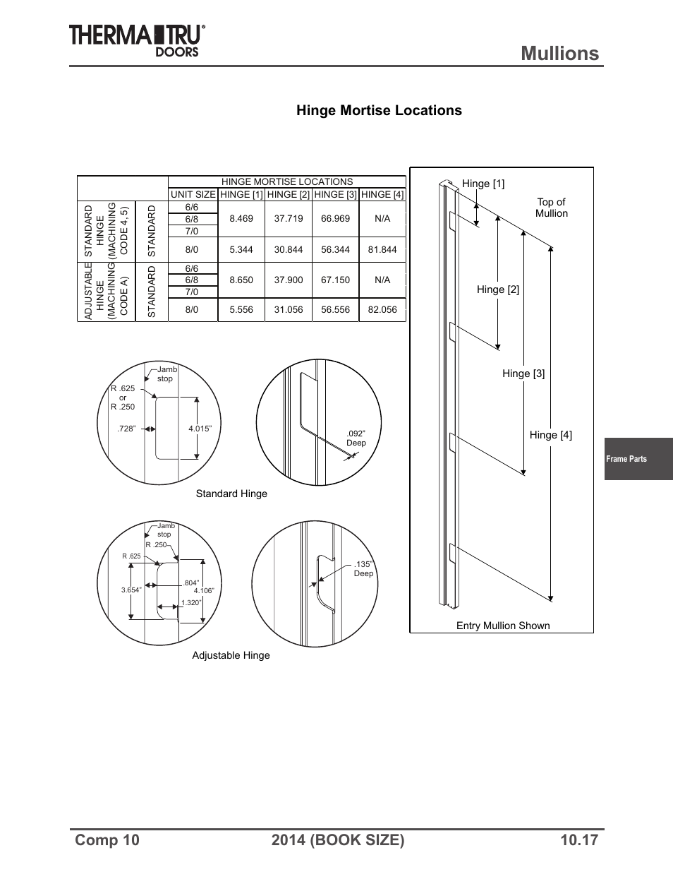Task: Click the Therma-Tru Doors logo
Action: [137, 40]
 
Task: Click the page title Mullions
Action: [560, 53]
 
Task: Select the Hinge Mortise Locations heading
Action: [379, 110]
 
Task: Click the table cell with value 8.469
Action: [241, 219]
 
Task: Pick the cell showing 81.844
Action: [382, 250]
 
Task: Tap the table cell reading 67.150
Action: [335, 280]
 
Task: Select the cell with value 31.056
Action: [288, 310]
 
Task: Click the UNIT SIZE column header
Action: [193, 195]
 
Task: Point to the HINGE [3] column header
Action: [335, 195]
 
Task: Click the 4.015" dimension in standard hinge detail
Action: [200, 429]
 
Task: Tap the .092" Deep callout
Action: [356, 438]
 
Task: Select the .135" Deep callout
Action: [363, 569]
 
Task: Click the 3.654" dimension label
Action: [131, 590]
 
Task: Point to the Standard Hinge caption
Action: [231, 494]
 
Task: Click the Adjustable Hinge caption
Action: [231, 655]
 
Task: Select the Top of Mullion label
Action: [551, 208]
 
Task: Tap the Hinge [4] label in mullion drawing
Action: [550, 435]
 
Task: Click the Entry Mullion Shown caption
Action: [502, 626]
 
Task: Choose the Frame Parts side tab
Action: [626, 459]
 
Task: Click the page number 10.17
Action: [579, 840]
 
